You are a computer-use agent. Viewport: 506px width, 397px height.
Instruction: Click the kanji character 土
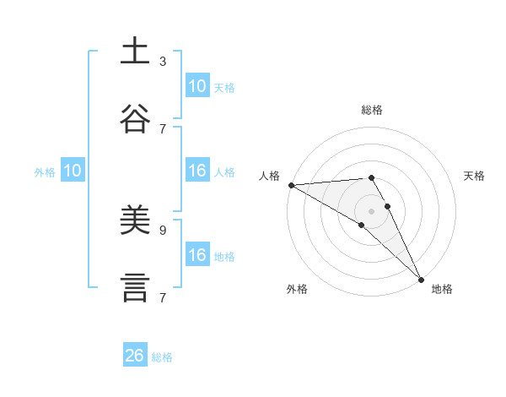136,52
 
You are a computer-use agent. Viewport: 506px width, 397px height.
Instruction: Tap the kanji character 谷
136,119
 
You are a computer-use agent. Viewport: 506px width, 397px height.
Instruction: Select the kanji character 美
136,220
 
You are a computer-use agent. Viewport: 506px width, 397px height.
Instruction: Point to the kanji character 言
136,288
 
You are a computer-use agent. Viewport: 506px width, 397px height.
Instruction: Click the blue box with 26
135,356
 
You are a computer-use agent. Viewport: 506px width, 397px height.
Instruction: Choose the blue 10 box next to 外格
73,171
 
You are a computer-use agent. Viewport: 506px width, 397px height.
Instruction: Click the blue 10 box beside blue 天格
196,86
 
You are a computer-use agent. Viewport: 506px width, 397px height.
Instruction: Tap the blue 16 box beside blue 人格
196,171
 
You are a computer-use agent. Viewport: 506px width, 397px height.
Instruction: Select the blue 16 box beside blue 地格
196,255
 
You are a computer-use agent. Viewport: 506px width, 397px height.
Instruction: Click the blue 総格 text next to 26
162,357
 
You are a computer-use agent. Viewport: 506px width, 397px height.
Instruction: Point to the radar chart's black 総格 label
372,110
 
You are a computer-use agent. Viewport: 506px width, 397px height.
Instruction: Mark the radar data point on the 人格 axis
291,184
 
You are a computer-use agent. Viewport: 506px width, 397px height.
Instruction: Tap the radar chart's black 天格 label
474,176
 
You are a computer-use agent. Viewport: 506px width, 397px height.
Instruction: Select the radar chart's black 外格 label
297,289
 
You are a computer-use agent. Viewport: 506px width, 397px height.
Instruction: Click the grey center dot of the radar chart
372,210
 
